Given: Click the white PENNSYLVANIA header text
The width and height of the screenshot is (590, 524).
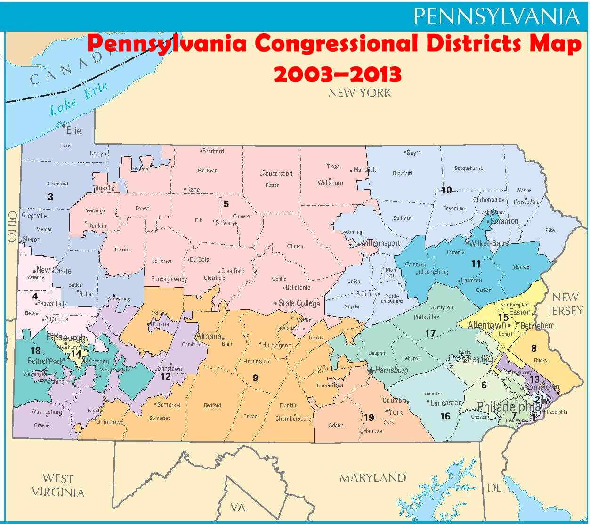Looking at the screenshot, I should point(496,16).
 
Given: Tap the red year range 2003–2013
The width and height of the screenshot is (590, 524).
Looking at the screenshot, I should point(338,74).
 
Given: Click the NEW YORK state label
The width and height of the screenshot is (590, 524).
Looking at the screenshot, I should point(360,93).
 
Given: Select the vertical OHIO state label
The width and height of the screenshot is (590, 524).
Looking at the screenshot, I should point(12,226).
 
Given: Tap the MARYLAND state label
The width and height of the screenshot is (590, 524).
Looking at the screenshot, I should point(372,478).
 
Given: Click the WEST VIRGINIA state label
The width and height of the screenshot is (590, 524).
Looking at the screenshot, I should point(58,485).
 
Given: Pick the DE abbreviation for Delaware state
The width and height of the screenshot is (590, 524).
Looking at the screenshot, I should point(494,488).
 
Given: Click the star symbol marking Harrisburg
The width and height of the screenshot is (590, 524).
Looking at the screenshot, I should point(371,371).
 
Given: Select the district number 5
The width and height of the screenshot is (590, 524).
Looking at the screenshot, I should point(226,204).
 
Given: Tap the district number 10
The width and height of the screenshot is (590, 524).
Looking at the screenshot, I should point(446,190).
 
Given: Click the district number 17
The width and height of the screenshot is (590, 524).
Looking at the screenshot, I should point(430,333).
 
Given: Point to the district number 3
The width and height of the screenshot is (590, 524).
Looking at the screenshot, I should point(50,197).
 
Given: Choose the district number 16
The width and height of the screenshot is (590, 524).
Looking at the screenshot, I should point(445,416).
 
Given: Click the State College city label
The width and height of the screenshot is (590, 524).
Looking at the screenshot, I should point(299,303).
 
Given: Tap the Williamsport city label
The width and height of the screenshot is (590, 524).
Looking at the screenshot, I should point(380,243).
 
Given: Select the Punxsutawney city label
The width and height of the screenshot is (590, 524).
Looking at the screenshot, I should point(169,279).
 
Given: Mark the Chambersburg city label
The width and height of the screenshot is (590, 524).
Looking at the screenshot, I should point(293,419).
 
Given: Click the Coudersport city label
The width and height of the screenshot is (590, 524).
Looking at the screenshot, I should point(277,173).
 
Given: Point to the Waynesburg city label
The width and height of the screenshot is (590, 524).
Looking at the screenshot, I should point(46,412).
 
